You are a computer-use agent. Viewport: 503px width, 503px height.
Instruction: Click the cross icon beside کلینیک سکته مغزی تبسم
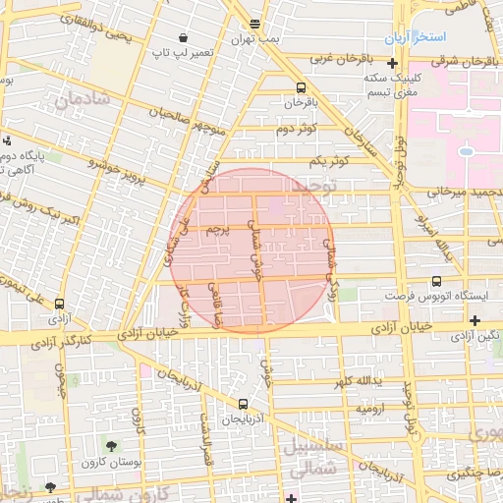click(392, 64)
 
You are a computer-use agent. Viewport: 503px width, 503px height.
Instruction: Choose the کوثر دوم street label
click(295, 130)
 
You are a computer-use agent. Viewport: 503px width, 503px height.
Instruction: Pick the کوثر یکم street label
click(329, 159)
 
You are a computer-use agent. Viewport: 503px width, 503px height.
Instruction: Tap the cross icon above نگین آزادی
click(475, 320)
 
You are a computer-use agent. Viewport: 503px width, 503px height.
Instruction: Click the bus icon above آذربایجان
click(243, 403)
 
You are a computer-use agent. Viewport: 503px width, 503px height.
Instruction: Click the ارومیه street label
click(368, 407)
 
